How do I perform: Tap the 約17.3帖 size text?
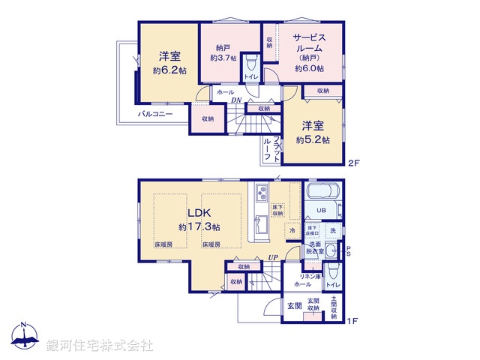199,226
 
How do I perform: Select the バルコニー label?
155,114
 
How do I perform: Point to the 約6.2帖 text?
169,70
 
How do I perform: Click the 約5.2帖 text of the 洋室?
312,140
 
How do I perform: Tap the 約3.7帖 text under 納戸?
223,57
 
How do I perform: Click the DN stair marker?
235,100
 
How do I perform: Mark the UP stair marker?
275,258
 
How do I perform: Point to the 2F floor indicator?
354,163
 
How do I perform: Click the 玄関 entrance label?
294,306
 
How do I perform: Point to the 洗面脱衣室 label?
314,250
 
